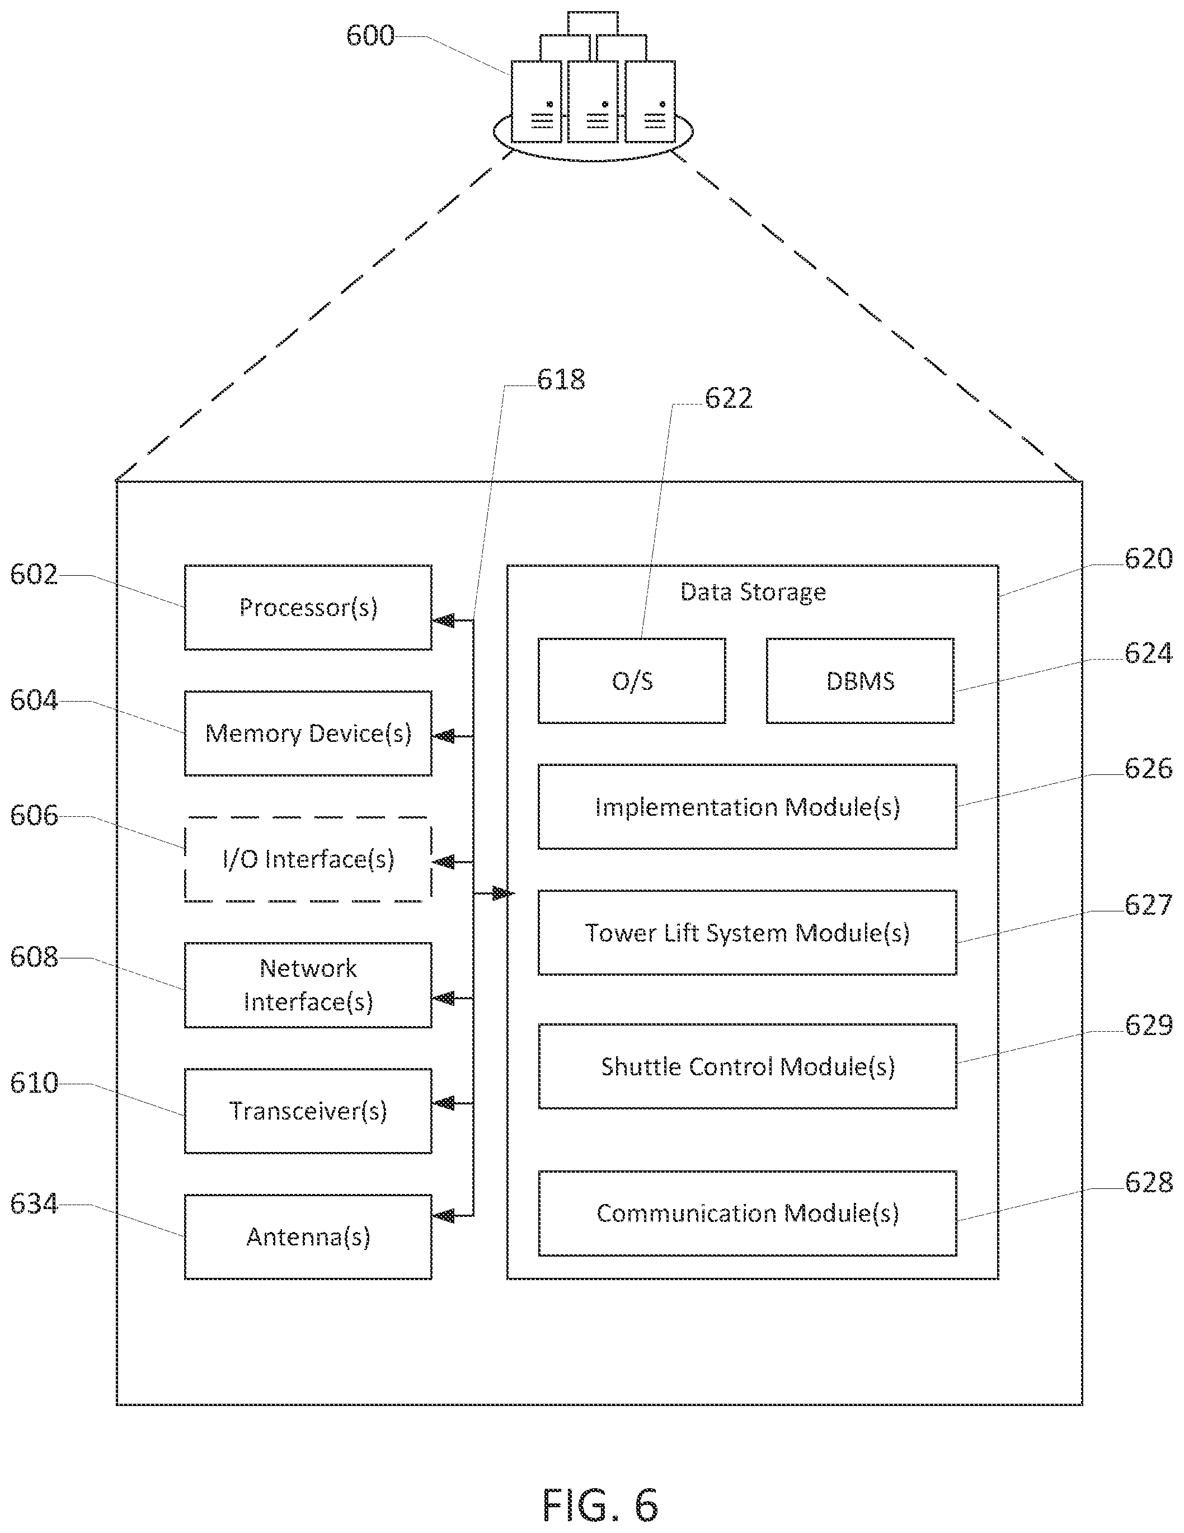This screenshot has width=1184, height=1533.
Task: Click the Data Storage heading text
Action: pyautogui.click(x=753, y=592)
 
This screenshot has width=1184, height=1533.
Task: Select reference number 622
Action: pyautogui.click(x=729, y=398)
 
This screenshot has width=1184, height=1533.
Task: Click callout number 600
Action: pyautogui.click(x=370, y=35)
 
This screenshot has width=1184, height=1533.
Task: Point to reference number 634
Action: pyautogui.click(x=34, y=1204)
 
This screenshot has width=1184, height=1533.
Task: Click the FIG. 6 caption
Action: pyautogui.click(x=600, y=1504)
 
